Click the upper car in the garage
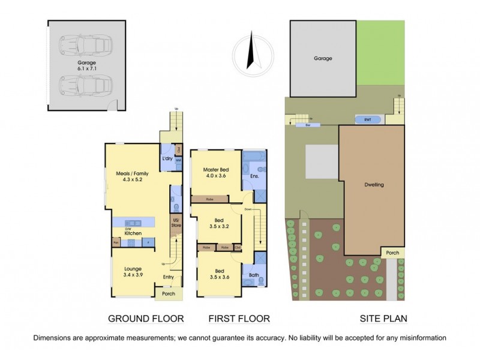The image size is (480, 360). [86, 44]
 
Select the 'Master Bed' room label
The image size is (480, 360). [215, 172]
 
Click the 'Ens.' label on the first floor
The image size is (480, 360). [254, 177]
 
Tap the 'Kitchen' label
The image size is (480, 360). [133, 232]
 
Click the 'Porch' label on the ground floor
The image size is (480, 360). [169, 293]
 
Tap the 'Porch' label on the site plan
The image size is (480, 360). [393, 253]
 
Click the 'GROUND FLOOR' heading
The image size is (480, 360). [145, 319]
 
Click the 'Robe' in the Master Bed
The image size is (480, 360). [210, 198]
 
